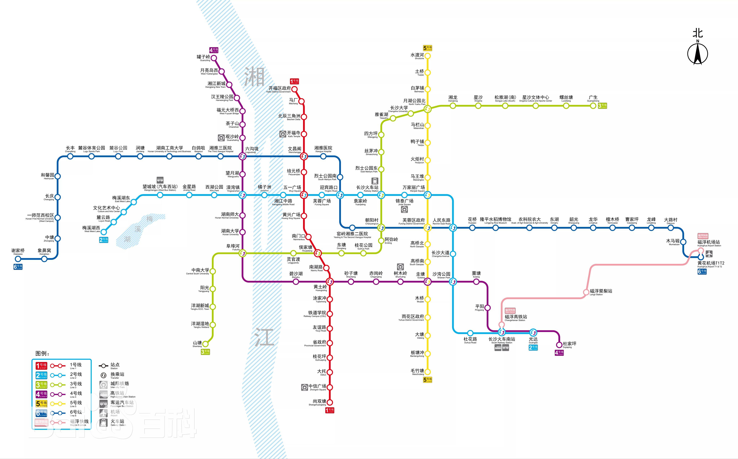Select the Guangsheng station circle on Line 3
(593, 106)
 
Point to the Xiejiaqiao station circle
(18, 259)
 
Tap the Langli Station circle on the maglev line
(586, 292)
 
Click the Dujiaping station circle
(559, 345)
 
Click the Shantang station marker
(205, 344)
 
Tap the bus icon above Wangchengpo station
(160, 180)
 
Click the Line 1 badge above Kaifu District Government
(294, 81)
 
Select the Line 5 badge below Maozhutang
(428, 380)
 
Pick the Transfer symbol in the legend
(103, 375)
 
